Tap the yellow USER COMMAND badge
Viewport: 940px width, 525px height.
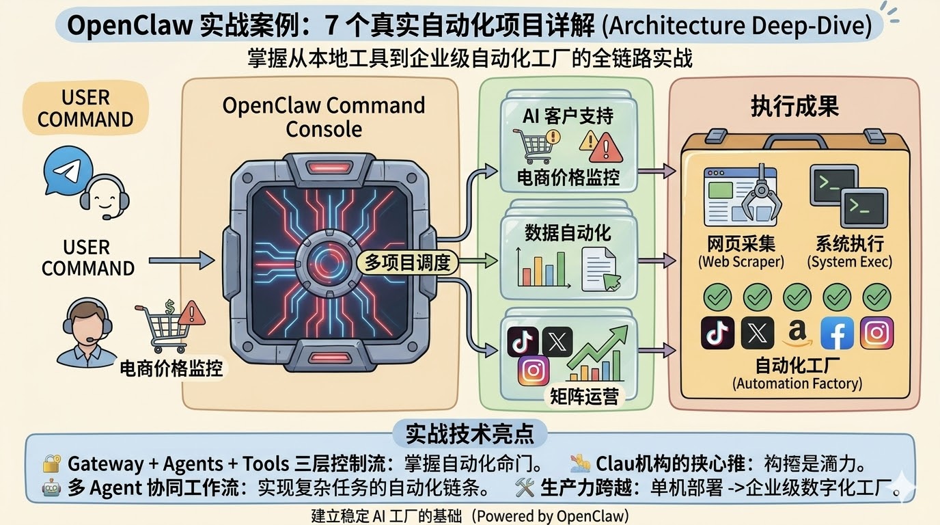click(85, 108)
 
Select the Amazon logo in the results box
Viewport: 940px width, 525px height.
click(797, 333)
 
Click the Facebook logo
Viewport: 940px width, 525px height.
click(837, 333)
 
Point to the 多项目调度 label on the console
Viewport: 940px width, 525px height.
click(407, 262)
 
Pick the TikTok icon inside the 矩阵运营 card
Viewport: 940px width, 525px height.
click(523, 341)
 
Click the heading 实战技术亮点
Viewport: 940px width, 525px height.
click(469, 433)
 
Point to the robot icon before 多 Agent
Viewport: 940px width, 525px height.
click(52, 487)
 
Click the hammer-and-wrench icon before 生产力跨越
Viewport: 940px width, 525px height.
click(525, 487)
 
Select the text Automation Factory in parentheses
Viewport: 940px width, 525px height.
click(797, 383)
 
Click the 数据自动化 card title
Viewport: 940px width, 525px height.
click(568, 232)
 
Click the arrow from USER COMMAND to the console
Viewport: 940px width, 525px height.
click(181, 260)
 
